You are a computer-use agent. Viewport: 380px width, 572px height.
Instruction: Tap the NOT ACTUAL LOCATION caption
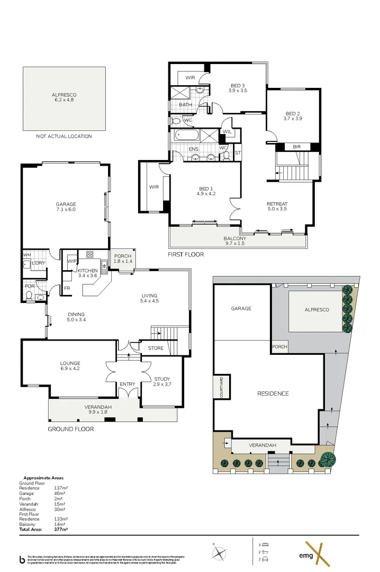point(64,136)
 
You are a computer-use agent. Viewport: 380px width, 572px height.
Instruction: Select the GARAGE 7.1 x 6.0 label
point(66,207)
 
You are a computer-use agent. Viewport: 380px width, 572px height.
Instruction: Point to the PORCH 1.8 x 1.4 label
point(122,259)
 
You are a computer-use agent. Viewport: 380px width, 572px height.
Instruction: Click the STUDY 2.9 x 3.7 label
point(162,381)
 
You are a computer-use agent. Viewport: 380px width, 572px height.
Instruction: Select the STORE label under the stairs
point(156,348)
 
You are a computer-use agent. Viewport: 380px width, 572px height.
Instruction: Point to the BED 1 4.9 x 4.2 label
point(205,191)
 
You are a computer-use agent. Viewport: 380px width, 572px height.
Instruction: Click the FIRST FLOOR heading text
point(186,255)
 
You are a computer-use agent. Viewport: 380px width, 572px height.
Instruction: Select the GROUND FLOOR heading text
point(70,429)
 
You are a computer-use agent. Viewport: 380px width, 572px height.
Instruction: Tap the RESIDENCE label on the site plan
point(273,394)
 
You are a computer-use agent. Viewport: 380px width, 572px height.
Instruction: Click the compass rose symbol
point(219,552)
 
